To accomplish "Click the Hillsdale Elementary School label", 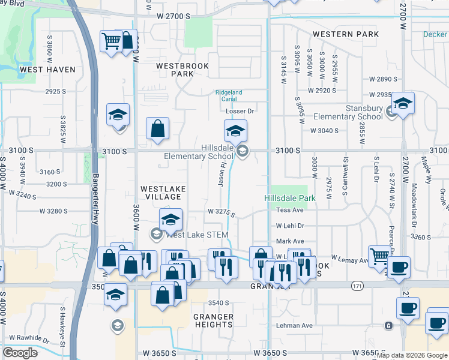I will tap(199, 151).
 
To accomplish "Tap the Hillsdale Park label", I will tap(290, 198).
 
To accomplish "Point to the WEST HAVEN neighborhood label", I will tap(47, 70).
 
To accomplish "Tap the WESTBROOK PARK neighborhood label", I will tap(175, 70).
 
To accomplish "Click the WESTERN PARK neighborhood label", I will tap(346, 34).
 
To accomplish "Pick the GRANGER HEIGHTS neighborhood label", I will tap(213, 320).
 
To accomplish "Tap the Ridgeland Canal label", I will tap(229, 95).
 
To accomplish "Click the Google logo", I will tap(20, 353).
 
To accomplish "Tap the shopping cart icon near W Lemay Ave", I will tap(378, 256).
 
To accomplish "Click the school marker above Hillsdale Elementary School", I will tap(235, 130).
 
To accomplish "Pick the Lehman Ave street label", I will tap(294, 326).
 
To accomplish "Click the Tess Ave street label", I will tap(290, 210).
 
